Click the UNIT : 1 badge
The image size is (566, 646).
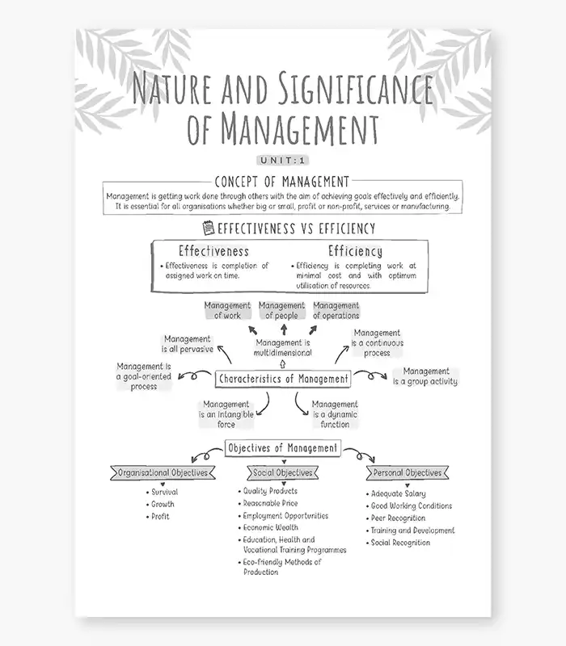[282, 160]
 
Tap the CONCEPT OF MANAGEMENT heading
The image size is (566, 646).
[282, 182]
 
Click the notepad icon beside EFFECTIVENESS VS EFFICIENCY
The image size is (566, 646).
[209, 228]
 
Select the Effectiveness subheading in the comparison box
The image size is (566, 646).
[213, 251]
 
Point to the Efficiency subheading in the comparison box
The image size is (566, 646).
[355, 251]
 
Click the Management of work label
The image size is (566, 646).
[227, 310]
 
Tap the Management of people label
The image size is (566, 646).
[281, 310]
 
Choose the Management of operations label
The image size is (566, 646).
[336, 310]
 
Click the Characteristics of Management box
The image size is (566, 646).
[283, 379]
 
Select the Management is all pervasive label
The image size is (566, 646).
[188, 344]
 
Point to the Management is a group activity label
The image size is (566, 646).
[425, 376]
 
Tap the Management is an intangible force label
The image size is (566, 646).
[226, 414]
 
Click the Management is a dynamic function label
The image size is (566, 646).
[335, 414]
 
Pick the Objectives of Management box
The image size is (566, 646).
[283, 448]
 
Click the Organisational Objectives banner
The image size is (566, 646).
[163, 472]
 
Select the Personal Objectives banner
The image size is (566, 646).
[408, 472]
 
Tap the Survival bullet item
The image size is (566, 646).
[163, 492]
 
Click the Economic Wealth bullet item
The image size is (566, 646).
[268, 527]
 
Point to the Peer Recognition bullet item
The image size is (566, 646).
[395, 518]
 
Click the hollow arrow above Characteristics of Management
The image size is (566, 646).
[282, 364]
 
